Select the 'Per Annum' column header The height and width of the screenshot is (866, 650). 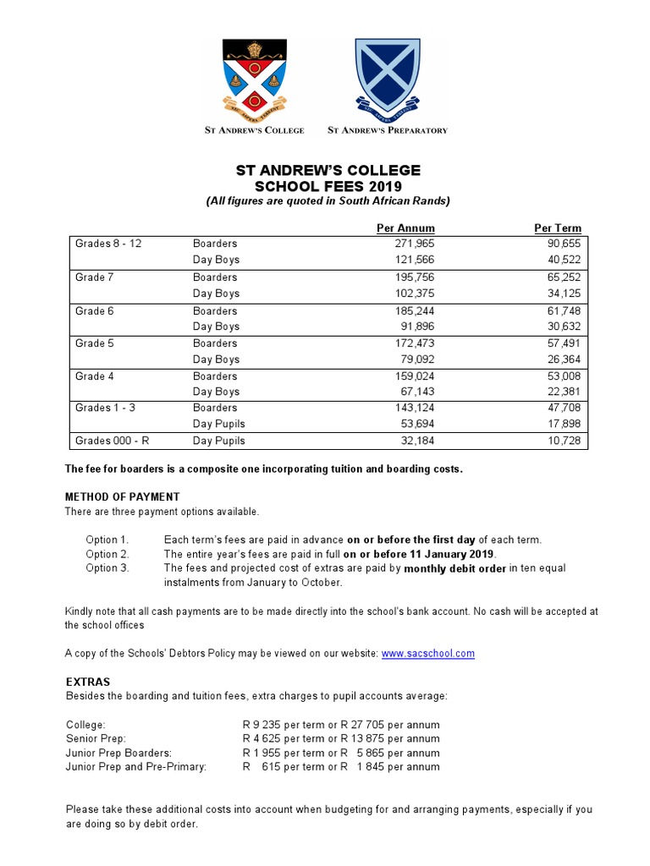click(x=405, y=228)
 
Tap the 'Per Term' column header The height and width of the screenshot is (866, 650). click(x=558, y=228)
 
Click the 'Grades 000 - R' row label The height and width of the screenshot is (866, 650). click(x=113, y=441)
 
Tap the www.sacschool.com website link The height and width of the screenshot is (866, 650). click(x=428, y=654)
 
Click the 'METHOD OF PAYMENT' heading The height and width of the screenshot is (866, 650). click(x=123, y=496)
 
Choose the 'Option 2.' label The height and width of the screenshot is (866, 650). click(x=107, y=554)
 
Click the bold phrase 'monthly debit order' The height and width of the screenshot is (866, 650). click(x=455, y=568)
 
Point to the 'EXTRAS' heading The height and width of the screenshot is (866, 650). click(x=88, y=681)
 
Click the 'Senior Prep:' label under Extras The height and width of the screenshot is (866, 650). click(x=96, y=739)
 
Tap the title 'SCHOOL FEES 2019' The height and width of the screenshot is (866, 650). click(x=328, y=186)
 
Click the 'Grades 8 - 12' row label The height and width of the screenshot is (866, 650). click(x=108, y=244)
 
